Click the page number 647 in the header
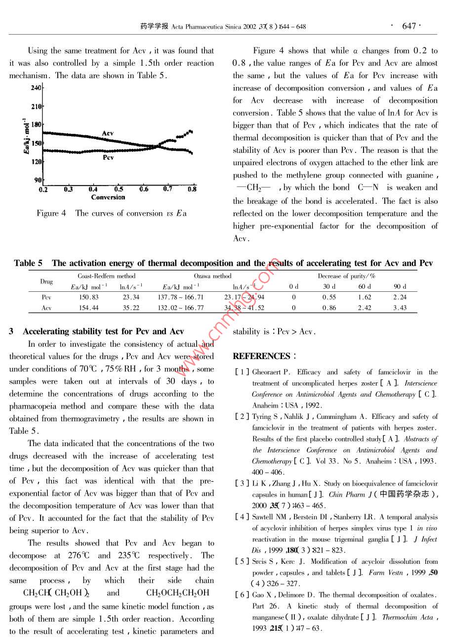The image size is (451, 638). click(409, 26)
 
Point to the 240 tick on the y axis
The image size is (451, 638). click(36, 88)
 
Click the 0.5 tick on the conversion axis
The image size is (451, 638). click(119, 189)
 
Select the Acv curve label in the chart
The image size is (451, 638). click(107, 134)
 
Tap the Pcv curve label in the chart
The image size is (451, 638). click(108, 157)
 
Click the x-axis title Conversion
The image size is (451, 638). click(108, 197)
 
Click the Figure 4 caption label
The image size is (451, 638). click(51, 214)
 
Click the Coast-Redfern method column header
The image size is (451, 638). click(106, 276)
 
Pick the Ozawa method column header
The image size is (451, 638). click(212, 276)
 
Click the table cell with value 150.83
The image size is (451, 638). click(89, 297)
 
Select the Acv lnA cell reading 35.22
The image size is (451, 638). click(131, 308)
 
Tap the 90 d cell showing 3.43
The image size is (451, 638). click(400, 308)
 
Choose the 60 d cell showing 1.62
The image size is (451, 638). click(365, 297)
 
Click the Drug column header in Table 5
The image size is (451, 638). click(46, 281)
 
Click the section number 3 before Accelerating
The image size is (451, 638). click(11, 331)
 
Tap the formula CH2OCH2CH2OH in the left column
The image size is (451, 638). click(178, 593)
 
